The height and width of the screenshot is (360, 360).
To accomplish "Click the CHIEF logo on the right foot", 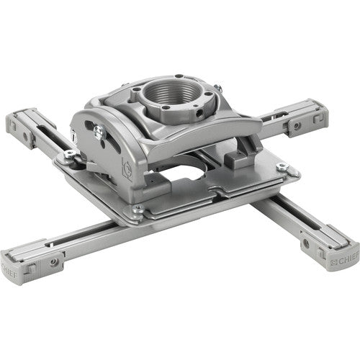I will tap(344, 264).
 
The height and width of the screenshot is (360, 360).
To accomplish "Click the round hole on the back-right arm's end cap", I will tap(296, 126).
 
